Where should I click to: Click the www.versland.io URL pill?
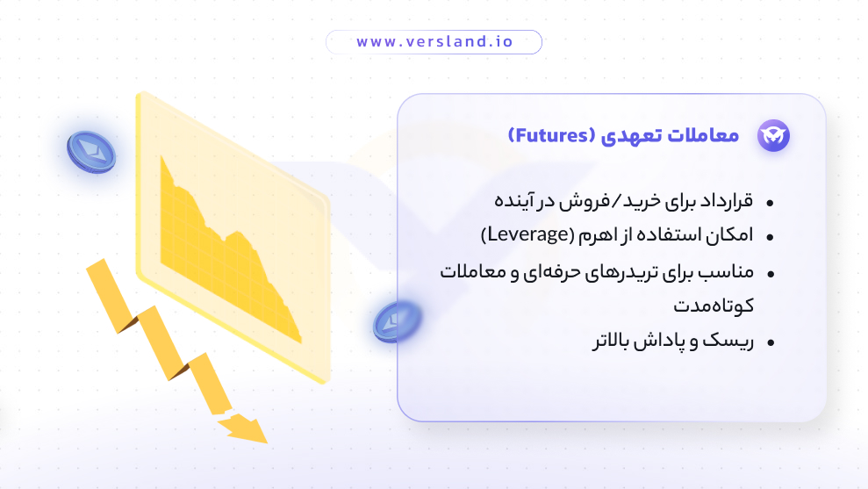click(434, 42)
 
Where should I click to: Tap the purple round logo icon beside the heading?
click(773, 135)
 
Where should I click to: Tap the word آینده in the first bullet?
click(512, 201)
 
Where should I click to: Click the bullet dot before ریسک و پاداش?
click(770, 342)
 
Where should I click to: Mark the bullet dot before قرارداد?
click(770, 203)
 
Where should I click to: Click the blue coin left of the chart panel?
click(90, 151)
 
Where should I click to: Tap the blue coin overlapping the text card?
click(397, 321)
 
